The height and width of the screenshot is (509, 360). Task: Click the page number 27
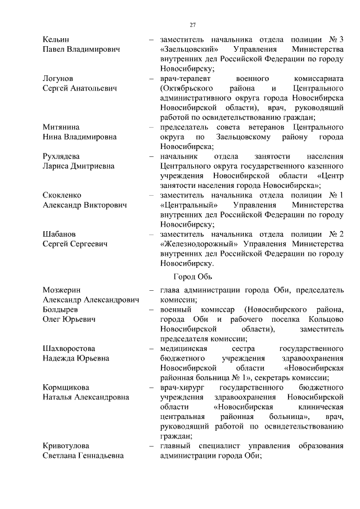point(192,25)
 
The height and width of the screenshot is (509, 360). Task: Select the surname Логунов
point(58,79)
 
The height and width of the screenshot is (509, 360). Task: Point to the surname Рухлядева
point(61,156)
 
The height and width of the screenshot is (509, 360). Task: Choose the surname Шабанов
point(60,233)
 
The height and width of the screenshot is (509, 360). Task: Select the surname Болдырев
point(61,309)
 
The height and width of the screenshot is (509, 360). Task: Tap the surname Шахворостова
point(69,348)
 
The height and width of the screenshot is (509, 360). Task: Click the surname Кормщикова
point(66,387)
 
